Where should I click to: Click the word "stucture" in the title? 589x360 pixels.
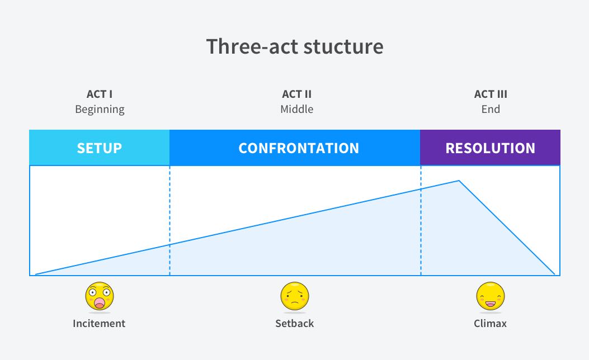click(x=343, y=46)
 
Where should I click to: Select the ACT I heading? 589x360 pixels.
click(x=100, y=94)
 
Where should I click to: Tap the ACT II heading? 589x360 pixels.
click(x=297, y=94)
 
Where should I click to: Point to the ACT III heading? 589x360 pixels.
click(x=491, y=94)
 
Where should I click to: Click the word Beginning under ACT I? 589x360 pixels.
click(x=100, y=109)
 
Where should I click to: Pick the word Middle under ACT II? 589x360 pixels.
click(x=297, y=109)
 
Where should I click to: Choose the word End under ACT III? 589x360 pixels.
click(x=491, y=109)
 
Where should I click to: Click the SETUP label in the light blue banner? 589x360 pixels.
click(x=100, y=148)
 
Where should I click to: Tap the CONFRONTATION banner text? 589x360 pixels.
click(x=299, y=148)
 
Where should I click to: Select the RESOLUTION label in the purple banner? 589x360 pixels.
click(x=490, y=148)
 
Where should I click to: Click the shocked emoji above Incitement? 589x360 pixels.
click(x=100, y=296)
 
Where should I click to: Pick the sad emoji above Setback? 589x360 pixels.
click(x=295, y=296)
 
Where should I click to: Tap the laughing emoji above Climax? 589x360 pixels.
click(x=491, y=296)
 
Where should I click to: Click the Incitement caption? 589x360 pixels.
click(x=99, y=323)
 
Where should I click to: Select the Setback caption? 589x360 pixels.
click(x=294, y=323)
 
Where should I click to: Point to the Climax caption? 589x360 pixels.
click(x=490, y=323)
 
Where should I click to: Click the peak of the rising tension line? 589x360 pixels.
click(x=459, y=181)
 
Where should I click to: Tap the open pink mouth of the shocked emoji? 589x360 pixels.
click(x=100, y=303)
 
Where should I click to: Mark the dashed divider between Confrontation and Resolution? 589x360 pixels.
click(x=421, y=221)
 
